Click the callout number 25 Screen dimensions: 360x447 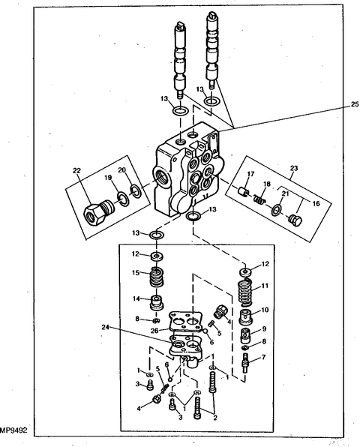pyautogui.click(x=355, y=104)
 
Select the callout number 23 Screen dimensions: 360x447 pyautogui.click(x=294, y=168)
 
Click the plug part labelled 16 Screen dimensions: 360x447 pyautogui.click(x=295, y=220)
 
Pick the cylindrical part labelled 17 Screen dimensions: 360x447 pyautogui.click(x=244, y=191)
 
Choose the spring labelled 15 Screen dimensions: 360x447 pyautogui.click(x=157, y=277)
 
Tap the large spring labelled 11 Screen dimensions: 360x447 pyautogui.click(x=246, y=294)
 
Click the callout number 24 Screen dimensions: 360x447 pyautogui.click(x=106, y=327)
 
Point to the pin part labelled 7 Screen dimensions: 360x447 pyautogui.click(x=245, y=362)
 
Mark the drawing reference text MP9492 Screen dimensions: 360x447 pyautogui.click(x=13, y=430)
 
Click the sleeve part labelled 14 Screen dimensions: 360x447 pyautogui.click(x=157, y=303)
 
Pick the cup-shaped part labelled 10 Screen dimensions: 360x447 pyautogui.click(x=246, y=317)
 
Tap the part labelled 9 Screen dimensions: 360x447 pyautogui.click(x=245, y=336)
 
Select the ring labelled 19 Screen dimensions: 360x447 pyautogui.click(x=123, y=198)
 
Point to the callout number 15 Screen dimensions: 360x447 pyautogui.click(x=136, y=272)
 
